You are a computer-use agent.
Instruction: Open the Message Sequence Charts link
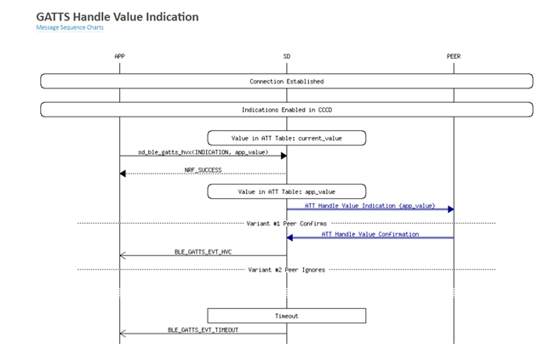[x=69, y=28]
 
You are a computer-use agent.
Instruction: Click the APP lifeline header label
[x=120, y=56]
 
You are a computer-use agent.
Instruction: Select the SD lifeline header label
[x=286, y=56]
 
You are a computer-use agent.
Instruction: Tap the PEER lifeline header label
[x=453, y=56]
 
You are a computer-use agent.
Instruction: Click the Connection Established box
[x=286, y=82]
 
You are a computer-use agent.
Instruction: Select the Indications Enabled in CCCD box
[x=286, y=110]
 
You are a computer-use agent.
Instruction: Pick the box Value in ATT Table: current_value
[x=286, y=137]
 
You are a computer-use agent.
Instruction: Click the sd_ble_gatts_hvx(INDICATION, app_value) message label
[x=203, y=151]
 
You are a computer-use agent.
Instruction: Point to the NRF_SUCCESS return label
[x=203, y=169]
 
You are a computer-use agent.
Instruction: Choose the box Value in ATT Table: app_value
[x=286, y=191]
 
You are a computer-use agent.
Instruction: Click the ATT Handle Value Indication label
[x=369, y=205]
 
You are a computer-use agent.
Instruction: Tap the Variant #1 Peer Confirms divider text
[x=286, y=223]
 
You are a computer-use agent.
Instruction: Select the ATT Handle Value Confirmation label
[x=369, y=233]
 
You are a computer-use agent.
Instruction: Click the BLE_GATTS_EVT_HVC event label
[x=203, y=251]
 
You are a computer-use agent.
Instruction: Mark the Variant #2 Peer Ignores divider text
[x=286, y=269]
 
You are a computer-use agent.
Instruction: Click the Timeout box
[x=286, y=315]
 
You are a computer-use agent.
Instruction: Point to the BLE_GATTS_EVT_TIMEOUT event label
[x=203, y=329]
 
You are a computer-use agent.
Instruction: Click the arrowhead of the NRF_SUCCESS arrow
[x=123, y=174]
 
